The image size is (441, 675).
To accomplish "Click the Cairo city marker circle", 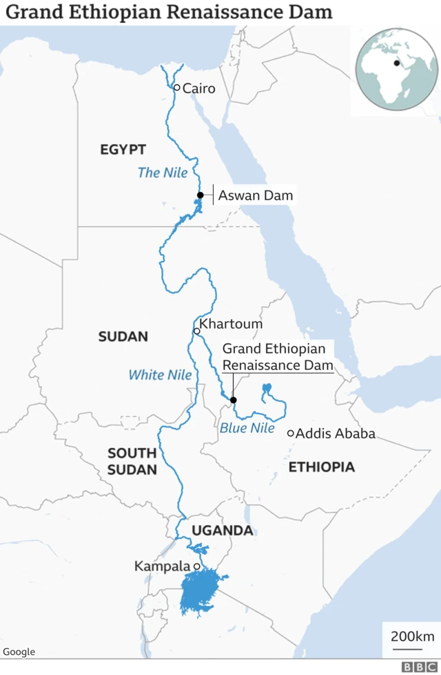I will coord(176,88).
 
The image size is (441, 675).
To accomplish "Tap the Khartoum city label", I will coord(231,324).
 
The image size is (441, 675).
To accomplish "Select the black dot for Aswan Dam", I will coord(200,195).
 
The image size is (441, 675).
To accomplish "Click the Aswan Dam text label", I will coord(255,195).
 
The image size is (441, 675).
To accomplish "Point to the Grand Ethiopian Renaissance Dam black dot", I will coord(233,400).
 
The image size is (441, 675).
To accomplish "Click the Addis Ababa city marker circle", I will coord(291,433).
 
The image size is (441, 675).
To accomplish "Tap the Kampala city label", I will coord(162,566).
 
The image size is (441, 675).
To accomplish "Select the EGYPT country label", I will coord(123,150).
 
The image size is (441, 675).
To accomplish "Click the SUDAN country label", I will coord(123,337).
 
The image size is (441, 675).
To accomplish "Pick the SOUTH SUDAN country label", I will coord(132,461).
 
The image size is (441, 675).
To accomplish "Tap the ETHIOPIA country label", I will coord(321,467).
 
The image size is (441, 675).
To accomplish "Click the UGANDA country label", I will coord(223,531).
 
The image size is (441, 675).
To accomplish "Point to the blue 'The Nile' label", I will coord(163,173).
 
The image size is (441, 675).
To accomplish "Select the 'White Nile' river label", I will coord(160,375).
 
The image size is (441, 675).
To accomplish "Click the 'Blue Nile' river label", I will coord(247,429).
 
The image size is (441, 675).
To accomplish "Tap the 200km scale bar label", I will coord(412,636).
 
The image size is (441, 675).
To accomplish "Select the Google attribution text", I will coord(19,652).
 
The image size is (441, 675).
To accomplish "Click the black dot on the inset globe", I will coord(397,63).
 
